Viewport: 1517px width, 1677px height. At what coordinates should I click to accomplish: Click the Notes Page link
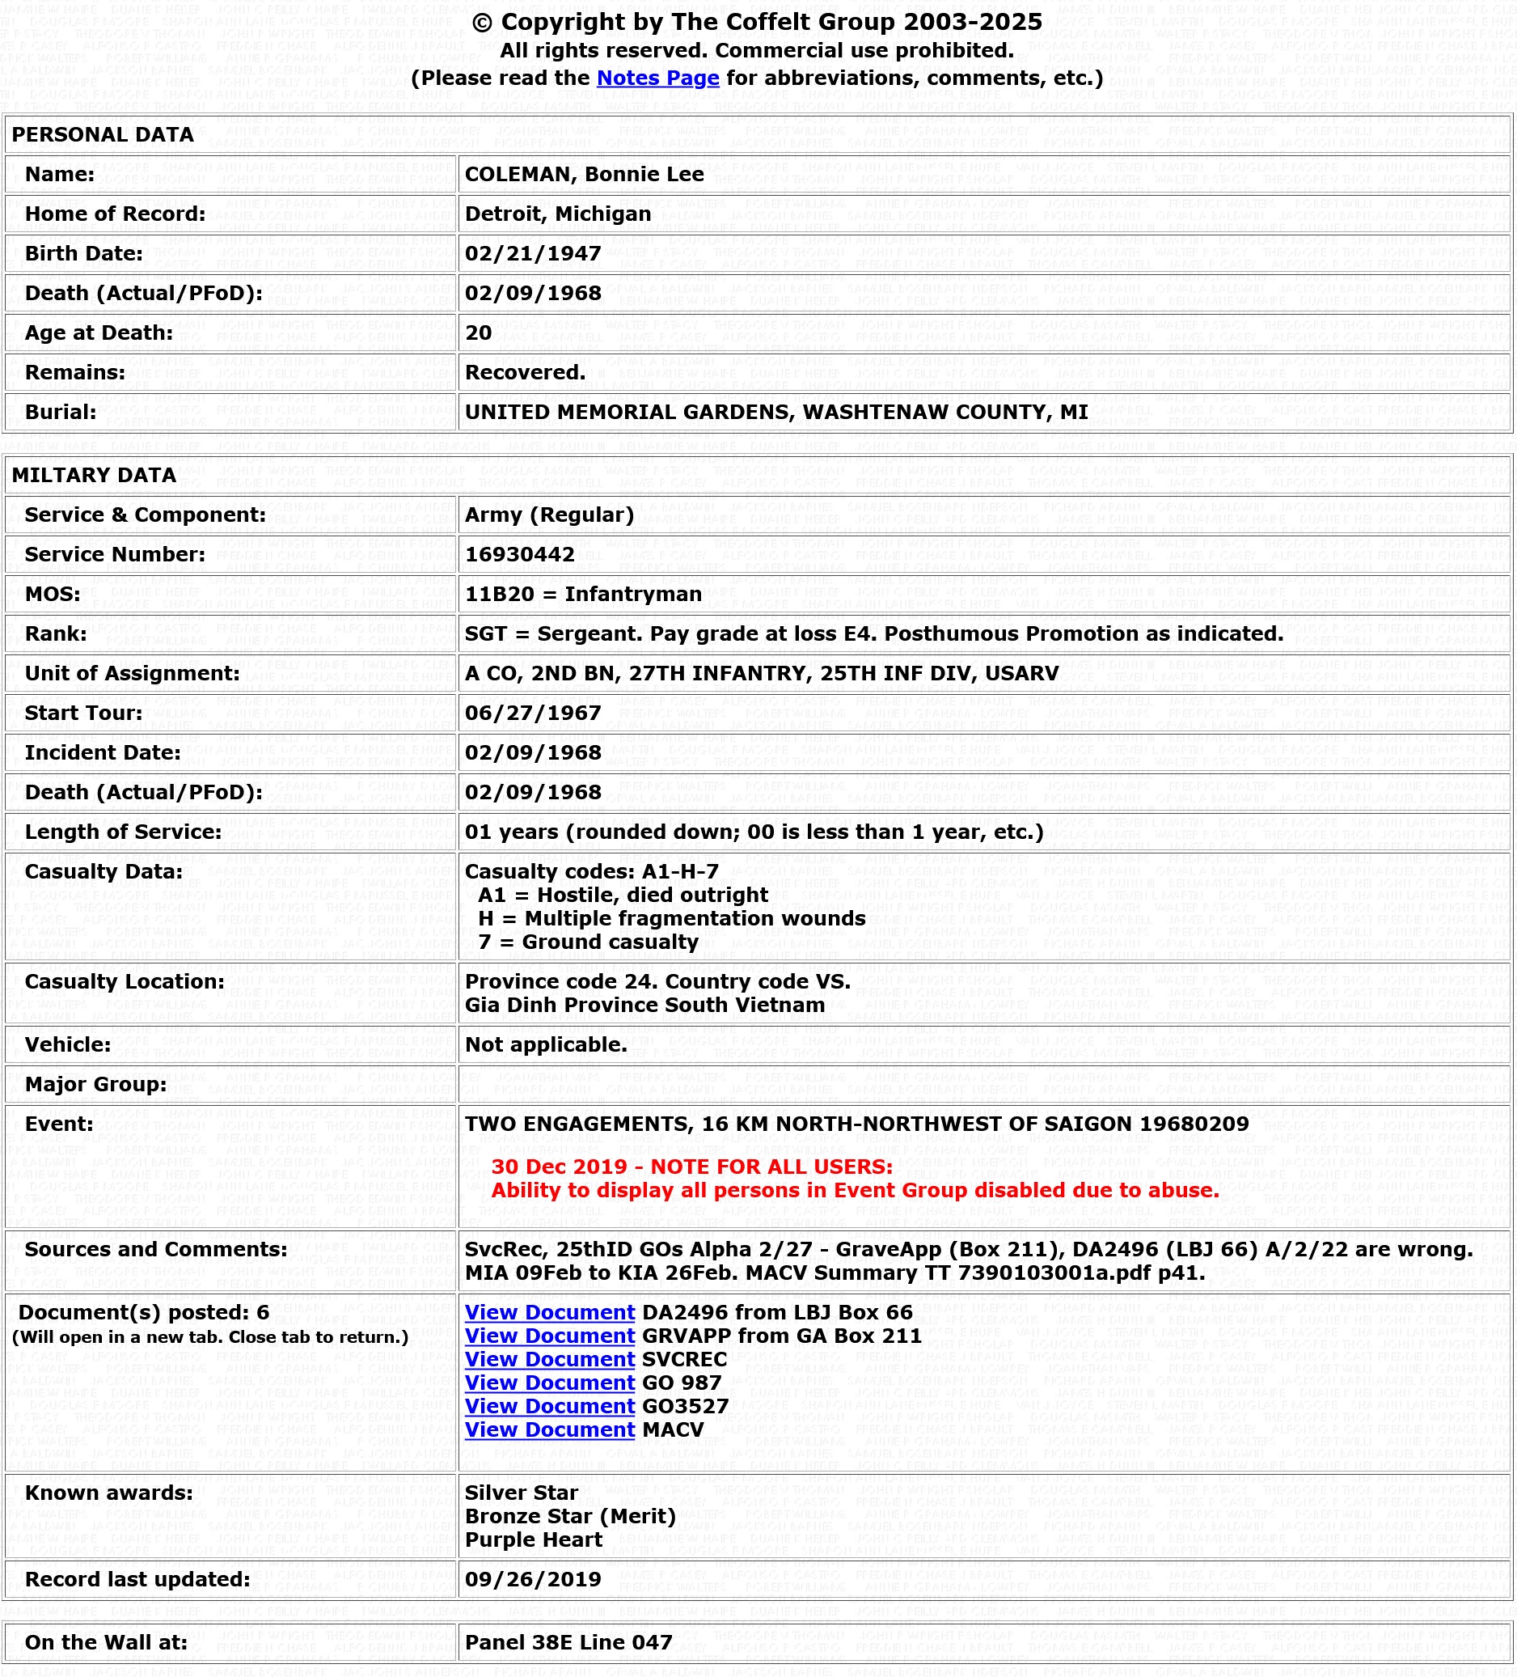657,78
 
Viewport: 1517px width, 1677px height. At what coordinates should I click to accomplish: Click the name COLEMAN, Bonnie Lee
584,175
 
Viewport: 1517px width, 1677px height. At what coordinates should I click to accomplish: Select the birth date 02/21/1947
532,254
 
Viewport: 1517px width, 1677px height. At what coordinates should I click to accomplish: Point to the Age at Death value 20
478,332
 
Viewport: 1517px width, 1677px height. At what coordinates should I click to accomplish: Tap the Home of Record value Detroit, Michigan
557,214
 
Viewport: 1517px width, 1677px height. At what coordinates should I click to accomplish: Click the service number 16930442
519,555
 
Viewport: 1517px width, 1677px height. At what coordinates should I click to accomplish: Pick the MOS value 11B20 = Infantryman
582,594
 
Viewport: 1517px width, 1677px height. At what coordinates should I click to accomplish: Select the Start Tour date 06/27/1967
532,713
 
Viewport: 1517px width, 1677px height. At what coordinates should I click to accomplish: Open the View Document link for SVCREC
549,1359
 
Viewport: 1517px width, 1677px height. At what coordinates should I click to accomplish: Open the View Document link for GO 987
549,1383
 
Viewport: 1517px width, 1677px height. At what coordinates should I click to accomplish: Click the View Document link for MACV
549,1429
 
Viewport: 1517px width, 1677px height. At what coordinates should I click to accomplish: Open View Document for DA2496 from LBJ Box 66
549,1313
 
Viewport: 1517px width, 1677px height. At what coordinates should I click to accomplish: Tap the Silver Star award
521,1493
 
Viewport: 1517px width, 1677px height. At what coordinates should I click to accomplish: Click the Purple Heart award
533,1539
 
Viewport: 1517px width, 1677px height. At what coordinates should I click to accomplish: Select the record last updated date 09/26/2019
532,1580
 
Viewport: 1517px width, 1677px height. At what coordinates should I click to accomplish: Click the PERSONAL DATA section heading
103,135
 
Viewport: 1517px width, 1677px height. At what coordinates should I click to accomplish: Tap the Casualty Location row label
124,981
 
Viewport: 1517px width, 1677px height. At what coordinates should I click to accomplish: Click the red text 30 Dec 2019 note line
691,1167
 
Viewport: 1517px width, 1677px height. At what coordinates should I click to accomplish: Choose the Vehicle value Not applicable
546,1045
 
